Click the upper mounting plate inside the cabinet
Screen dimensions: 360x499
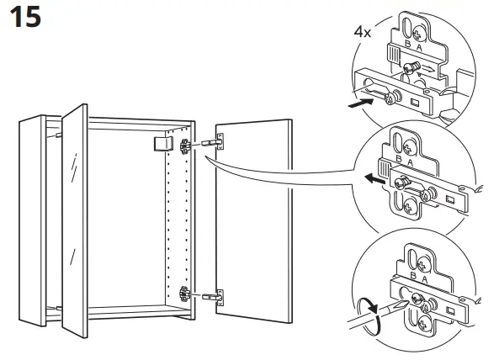pyautogui.click(x=183, y=145)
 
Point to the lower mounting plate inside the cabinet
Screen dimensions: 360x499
pyautogui.click(x=183, y=295)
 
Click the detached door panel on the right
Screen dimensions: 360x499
pyautogui.click(x=252, y=219)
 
